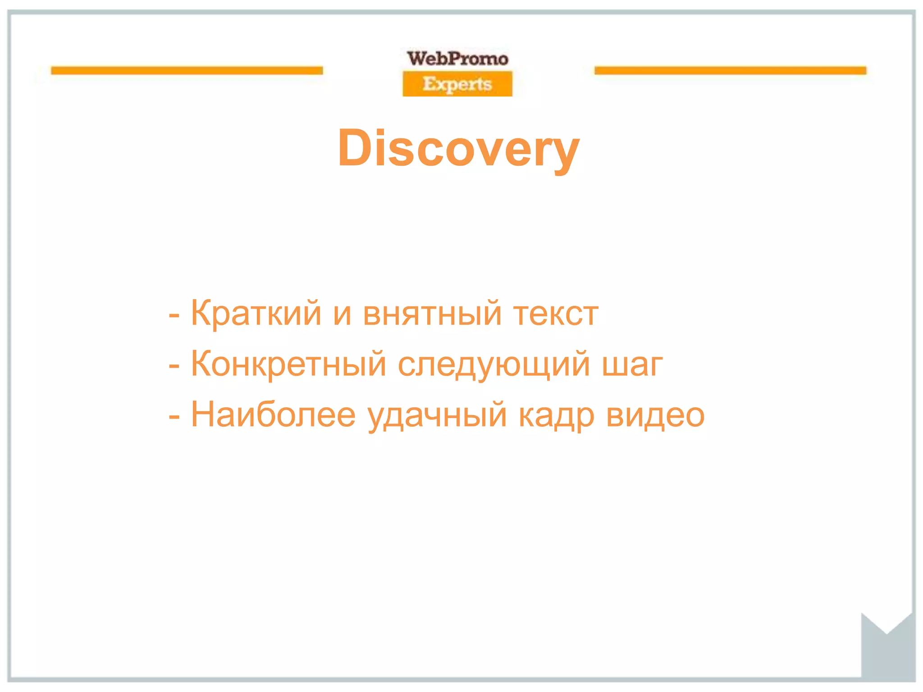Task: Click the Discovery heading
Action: pos(458,149)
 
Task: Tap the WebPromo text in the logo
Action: pos(457,59)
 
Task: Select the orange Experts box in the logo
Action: pos(457,84)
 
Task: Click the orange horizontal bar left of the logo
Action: pos(187,71)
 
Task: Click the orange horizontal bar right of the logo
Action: pos(730,71)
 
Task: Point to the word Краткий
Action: pos(256,313)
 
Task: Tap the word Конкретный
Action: pos(288,364)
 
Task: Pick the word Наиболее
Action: pos(273,415)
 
